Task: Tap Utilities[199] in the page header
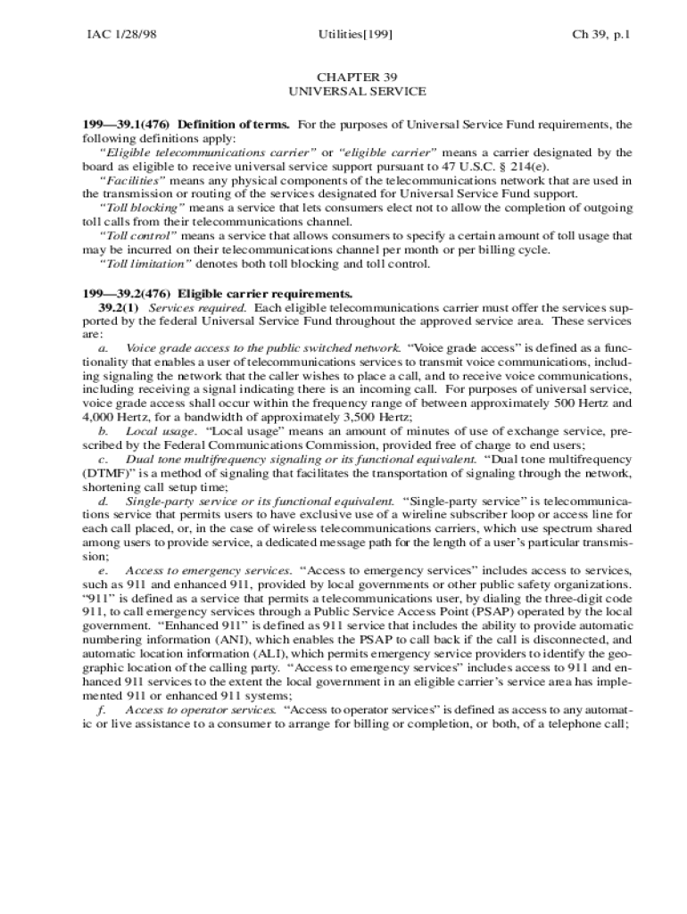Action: pyautogui.click(x=355, y=36)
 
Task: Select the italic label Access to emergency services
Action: pyautogui.click(x=208, y=569)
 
